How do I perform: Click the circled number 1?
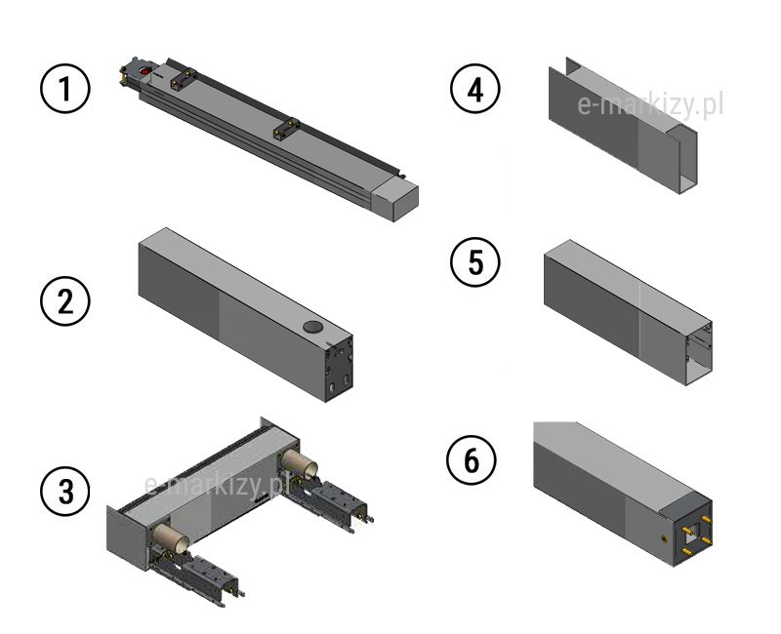pyautogui.click(x=64, y=90)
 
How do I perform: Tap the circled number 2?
pyautogui.click(x=64, y=299)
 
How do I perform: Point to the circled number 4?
pyautogui.click(x=474, y=90)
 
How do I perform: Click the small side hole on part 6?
pyautogui.click(x=665, y=536)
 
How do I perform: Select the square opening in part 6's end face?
pyautogui.click(x=694, y=532)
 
